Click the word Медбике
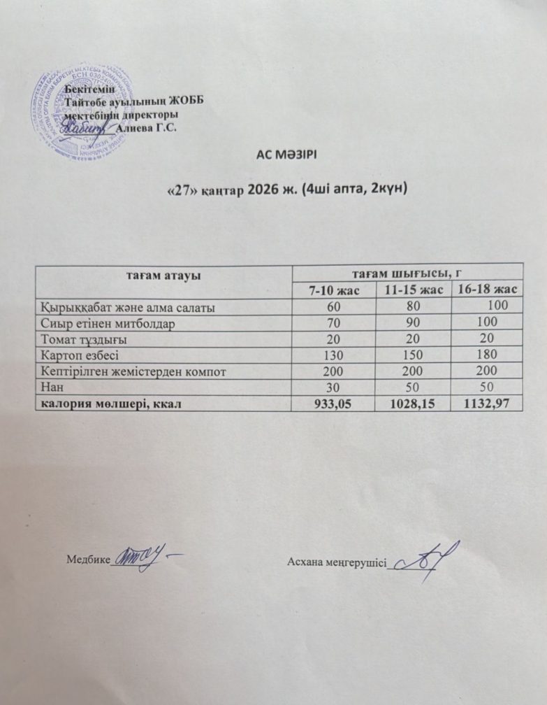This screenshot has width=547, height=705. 89,560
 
